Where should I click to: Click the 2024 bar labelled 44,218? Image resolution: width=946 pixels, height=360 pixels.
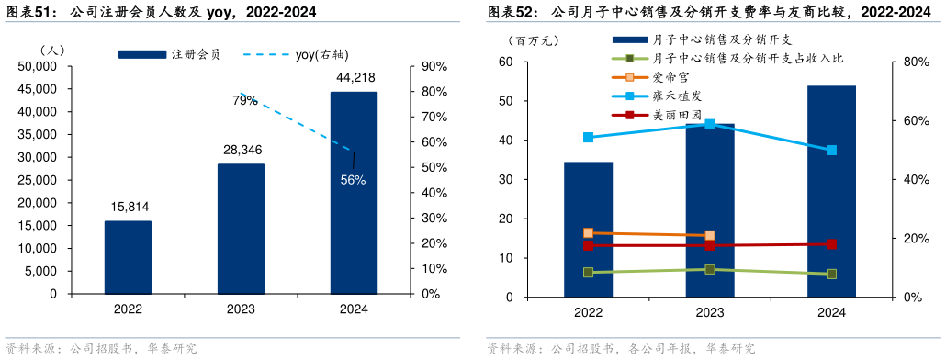(x=354, y=193)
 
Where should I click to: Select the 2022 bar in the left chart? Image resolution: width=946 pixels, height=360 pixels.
(x=128, y=257)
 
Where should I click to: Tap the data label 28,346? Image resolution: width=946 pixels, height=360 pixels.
(x=241, y=149)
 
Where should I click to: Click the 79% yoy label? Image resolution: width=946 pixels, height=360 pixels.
(x=244, y=101)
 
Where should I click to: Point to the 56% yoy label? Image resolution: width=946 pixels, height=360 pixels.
(x=353, y=180)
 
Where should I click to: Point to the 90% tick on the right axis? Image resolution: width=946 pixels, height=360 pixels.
(x=433, y=66)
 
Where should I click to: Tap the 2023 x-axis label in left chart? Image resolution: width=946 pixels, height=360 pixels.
(x=241, y=309)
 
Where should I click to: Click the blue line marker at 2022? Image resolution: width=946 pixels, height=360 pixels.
(x=588, y=138)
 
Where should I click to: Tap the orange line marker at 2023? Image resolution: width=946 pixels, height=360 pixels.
(x=710, y=236)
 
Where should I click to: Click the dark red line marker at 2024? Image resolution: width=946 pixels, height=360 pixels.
(x=831, y=244)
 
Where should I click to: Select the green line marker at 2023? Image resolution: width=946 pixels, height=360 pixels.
(x=710, y=269)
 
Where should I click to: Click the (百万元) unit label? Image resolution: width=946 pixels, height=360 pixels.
(x=533, y=40)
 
